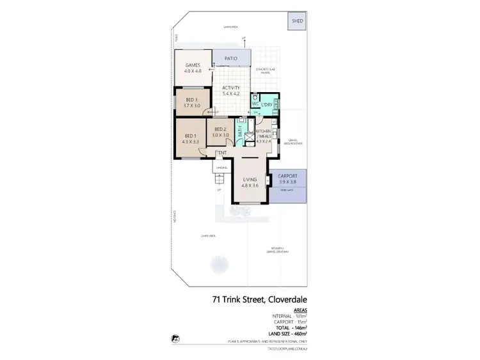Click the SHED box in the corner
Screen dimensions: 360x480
297,21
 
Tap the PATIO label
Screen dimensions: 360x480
231,59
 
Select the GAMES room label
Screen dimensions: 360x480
193,68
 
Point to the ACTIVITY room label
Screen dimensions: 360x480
231,90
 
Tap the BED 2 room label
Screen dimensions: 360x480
221,132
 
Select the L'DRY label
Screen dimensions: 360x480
268,104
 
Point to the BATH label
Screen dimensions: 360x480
241,136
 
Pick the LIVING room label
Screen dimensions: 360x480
249,182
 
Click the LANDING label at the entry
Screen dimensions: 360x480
221,168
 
